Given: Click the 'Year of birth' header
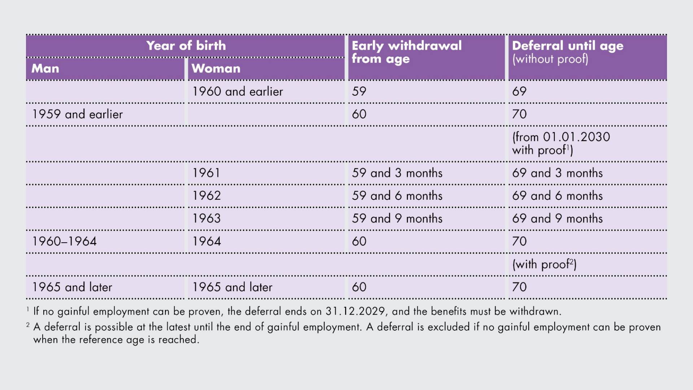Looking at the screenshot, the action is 186,45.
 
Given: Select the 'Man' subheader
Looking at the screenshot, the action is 45,68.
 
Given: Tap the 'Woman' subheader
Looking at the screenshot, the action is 216,68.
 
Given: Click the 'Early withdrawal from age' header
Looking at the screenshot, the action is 407,52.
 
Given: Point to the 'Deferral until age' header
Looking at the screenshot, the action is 568,45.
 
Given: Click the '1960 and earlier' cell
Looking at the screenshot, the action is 237,91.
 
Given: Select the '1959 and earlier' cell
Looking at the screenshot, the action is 78,114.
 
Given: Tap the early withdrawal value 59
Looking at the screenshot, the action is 359,91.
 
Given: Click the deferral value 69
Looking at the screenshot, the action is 519,91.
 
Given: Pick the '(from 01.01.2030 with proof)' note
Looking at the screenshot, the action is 561,143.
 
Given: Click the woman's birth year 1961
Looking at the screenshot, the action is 206,173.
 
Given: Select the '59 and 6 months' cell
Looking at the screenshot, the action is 397,196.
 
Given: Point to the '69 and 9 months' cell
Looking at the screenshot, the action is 557,218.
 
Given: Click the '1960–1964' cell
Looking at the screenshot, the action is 65,241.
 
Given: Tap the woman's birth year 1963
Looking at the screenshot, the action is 206,218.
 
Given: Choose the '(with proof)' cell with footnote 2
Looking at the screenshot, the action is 544,264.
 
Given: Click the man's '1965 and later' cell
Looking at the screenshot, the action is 72,287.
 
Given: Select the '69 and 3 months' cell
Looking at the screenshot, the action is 557,173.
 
